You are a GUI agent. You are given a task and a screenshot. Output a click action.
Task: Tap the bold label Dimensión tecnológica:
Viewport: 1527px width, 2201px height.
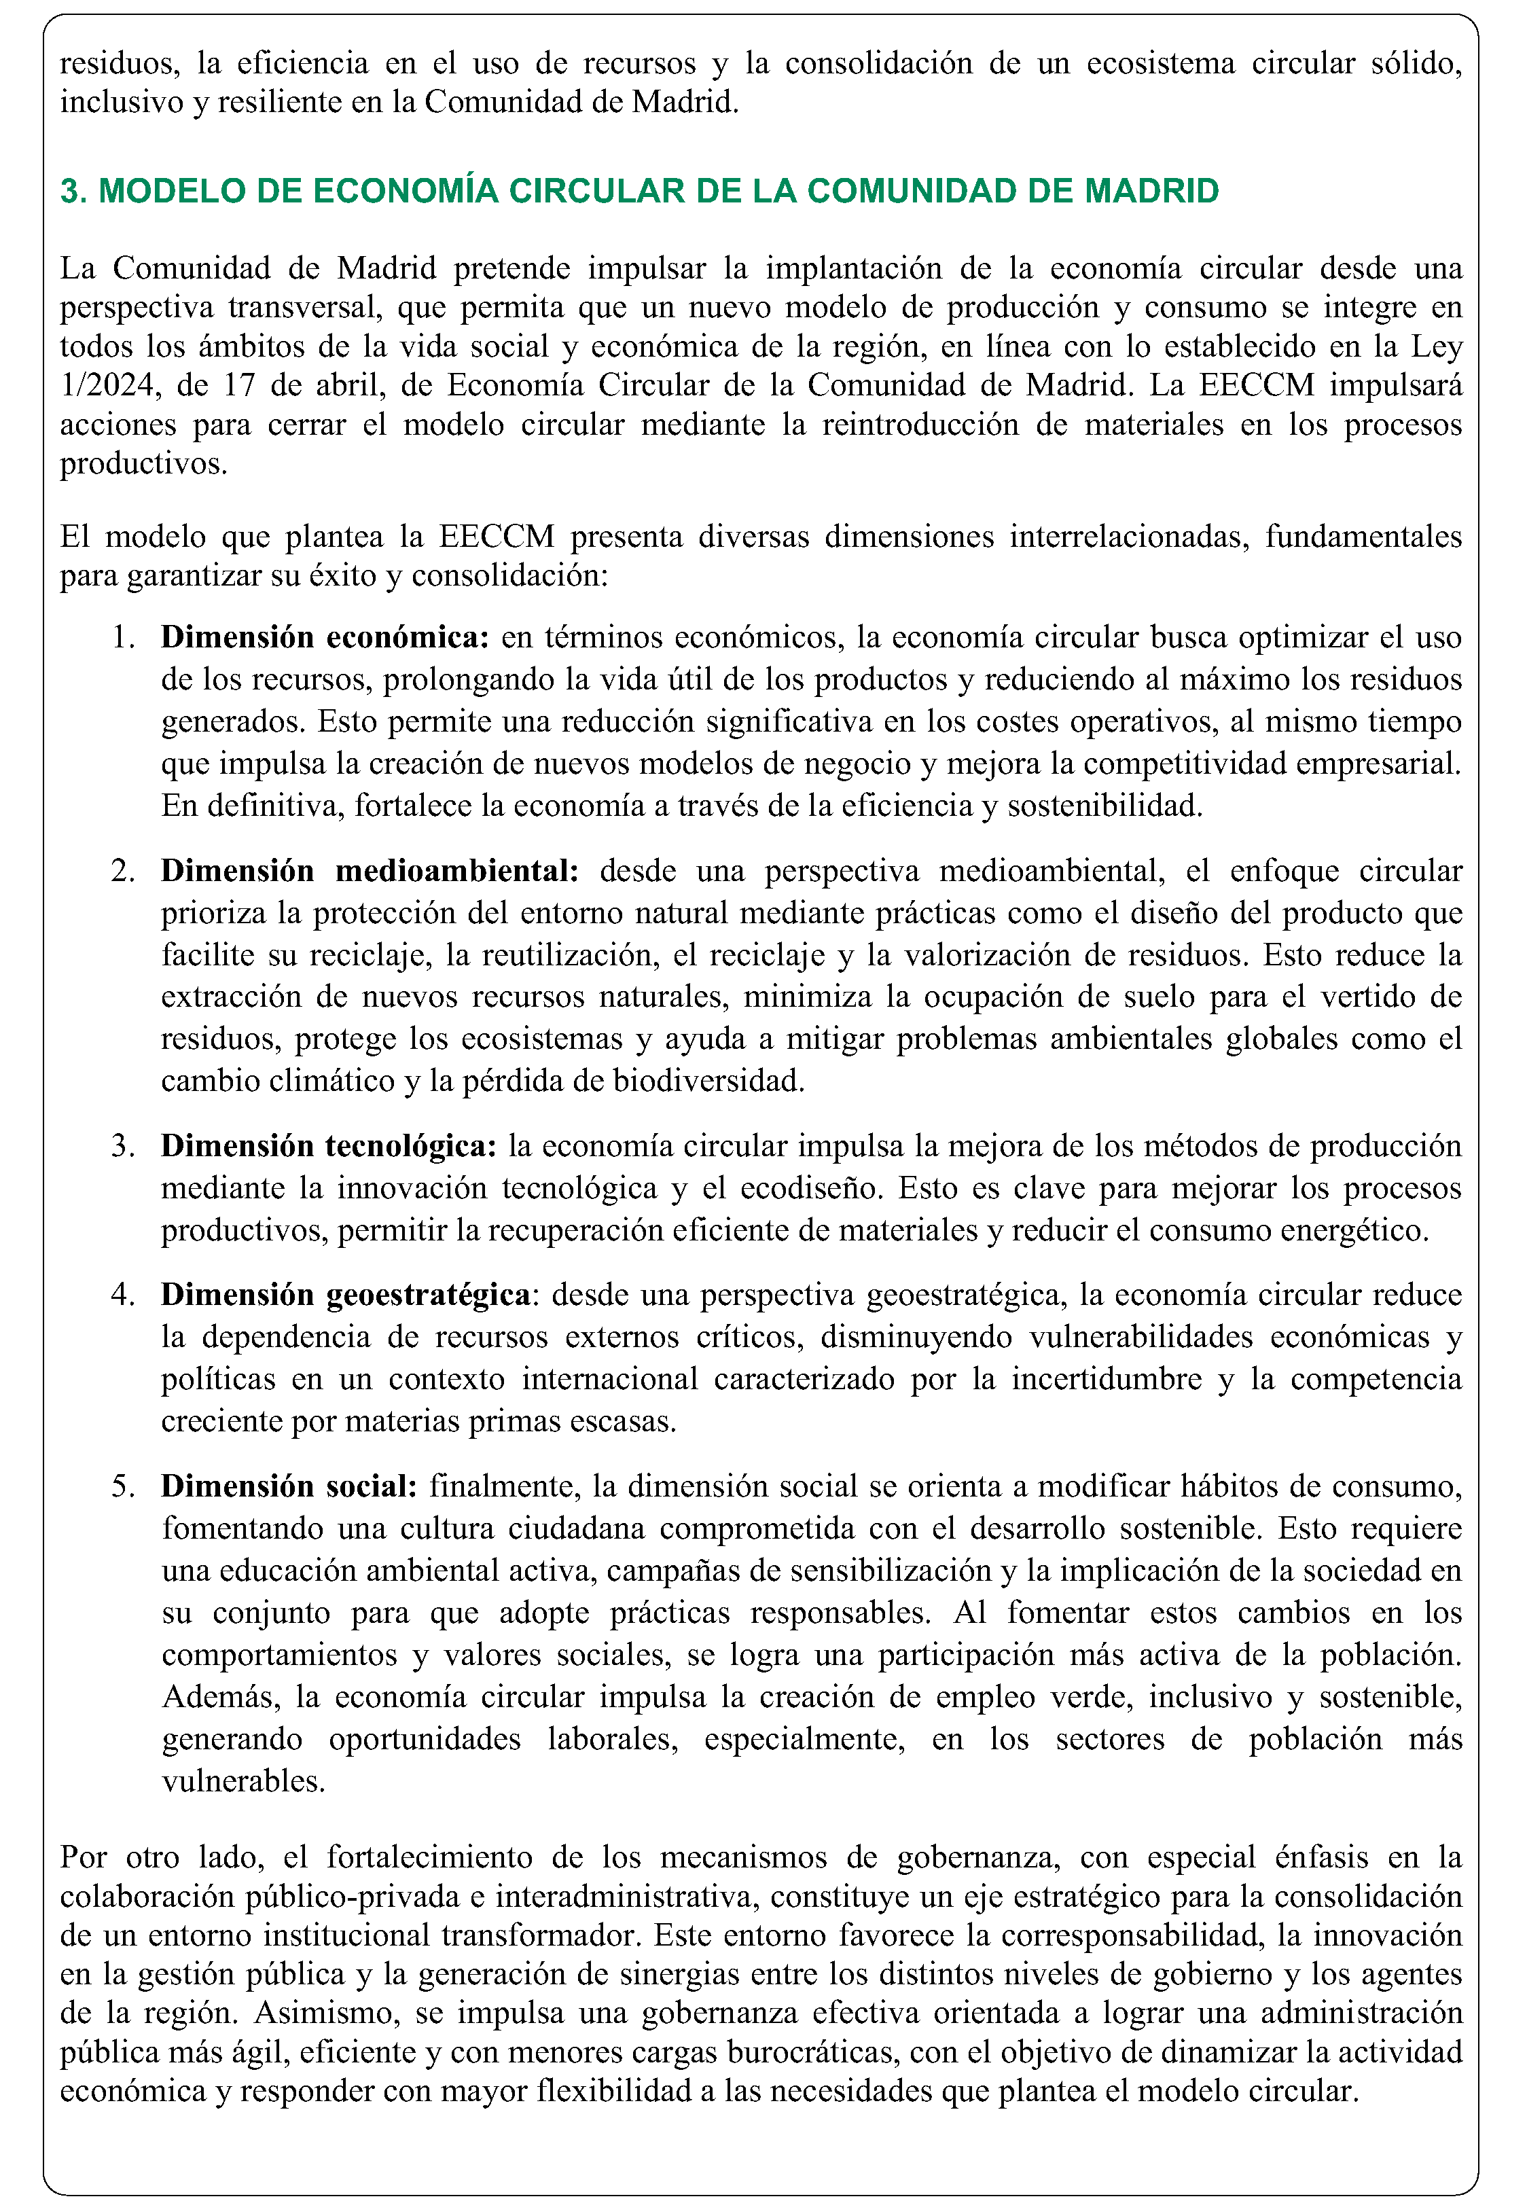click(328, 1146)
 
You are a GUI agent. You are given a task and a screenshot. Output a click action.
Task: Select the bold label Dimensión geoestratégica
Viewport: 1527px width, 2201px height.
click(345, 1294)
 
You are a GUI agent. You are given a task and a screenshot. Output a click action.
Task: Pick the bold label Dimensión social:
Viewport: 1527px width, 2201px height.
click(288, 1486)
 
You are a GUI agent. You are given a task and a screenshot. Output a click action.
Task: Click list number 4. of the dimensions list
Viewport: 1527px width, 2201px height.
click(122, 1294)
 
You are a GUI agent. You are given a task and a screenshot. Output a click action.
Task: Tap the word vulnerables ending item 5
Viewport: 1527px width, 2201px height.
click(243, 1781)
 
